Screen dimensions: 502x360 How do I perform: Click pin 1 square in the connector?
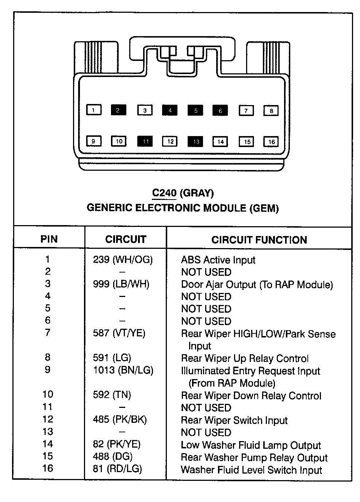pos(94,110)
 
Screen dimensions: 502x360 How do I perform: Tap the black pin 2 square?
pos(118,110)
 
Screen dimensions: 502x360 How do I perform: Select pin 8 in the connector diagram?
pos(271,111)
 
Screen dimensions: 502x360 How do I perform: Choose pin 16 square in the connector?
pos(271,142)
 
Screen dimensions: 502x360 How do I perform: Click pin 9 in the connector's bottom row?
pos(94,141)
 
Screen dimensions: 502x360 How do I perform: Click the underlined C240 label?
pos(164,193)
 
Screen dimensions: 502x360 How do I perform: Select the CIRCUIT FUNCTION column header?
pos(259,240)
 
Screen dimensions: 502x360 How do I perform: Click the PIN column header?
pos(49,239)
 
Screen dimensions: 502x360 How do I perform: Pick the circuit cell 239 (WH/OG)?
pos(123,260)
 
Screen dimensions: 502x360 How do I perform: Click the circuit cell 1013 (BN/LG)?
pos(123,370)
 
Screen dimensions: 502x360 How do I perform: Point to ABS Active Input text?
pos(218,260)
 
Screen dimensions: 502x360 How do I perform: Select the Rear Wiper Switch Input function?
pos(234,420)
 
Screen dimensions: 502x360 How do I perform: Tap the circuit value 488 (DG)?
pos(112,456)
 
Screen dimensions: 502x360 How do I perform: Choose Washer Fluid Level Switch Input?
pos(251,470)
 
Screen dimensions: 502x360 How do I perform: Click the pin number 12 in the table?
pos(47,419)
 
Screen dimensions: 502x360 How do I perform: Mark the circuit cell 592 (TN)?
pos(112,395)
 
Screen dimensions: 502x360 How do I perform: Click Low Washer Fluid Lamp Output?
pos(251,445)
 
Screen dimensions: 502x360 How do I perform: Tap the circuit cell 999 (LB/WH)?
pos(121,284)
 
